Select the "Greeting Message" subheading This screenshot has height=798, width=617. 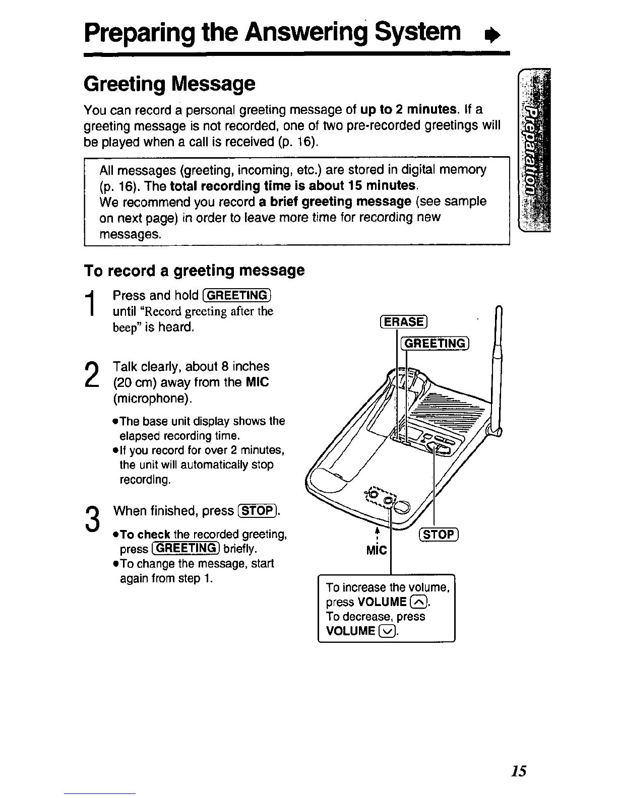click(x=170, y=84)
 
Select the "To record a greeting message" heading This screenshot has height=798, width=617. click(x=194, y=271)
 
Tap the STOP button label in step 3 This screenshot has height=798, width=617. click(x=257, y=511)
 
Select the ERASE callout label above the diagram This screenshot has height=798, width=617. click(x=403, y=321)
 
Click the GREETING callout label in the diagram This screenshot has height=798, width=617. click(x=435, y=344)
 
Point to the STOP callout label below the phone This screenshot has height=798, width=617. click(x=438, y=535)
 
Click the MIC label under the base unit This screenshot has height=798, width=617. click(x=376, y=550)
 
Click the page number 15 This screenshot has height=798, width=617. click(x=518, y=771)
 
